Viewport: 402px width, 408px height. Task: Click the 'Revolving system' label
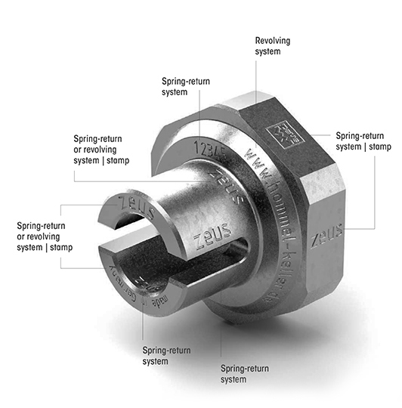coord(272,45)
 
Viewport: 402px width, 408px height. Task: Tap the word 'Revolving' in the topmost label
coord(272,40)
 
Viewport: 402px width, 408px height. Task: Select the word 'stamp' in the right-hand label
coord(379,146)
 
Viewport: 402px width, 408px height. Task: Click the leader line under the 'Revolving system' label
coord(255,91)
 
